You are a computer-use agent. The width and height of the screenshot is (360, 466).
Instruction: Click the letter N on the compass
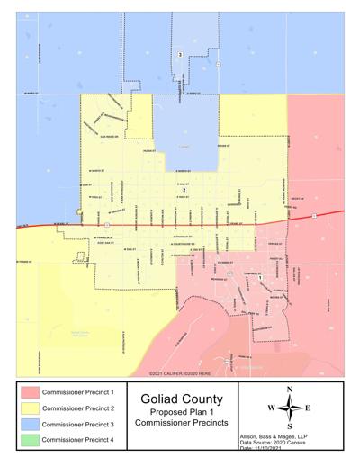289,389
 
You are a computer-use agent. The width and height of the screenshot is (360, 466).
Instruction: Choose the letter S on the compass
289,426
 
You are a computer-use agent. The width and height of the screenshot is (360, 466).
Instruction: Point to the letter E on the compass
309,408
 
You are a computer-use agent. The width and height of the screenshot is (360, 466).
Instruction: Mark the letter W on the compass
270,408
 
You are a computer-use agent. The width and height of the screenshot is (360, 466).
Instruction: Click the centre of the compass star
289,408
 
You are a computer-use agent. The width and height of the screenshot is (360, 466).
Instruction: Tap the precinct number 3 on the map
180,56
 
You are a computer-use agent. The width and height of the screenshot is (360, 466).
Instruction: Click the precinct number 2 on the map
184,191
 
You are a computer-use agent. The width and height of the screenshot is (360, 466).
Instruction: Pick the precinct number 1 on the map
260,278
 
